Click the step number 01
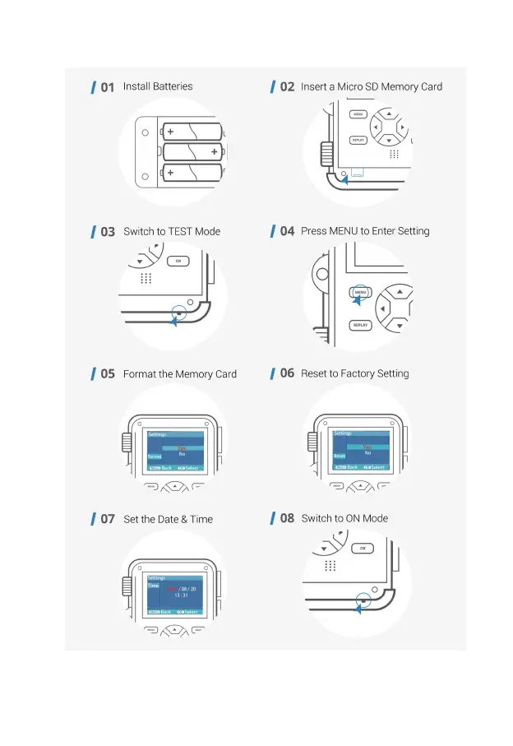[x=107, y=87]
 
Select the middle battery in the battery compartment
[x=193, y=152]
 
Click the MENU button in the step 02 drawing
[x=358, y=114]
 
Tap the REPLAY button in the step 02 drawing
[x=358, y=140]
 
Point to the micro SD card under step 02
[x=358, y=172]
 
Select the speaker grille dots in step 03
[x=146, y=278]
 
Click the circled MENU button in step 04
[x=360, y=292]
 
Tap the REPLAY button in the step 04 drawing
[x=360, y=325]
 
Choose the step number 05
[x=108, y=374]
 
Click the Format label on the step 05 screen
[x=155, y=456]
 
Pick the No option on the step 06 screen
[x=367, y=453]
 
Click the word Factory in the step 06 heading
[x=358, y=373]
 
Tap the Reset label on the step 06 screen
[x=340, y=456]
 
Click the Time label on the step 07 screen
[x=154, y=586]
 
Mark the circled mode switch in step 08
[x=363, y=601]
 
